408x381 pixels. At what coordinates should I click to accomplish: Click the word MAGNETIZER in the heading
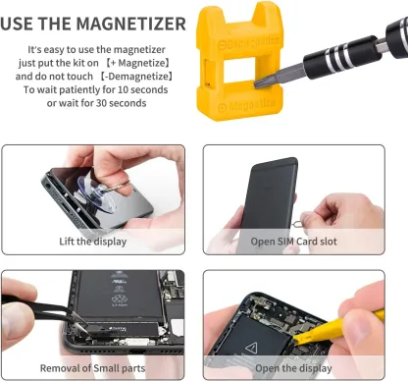pyautogui.click(x=130, y=24)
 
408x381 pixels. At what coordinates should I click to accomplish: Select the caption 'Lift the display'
pyautogui.click(x=93, y=242)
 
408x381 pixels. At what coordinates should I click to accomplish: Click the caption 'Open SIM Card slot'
pyautogui.click(x=293, y=242)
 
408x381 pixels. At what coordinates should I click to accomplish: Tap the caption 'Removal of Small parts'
pyautogui.click(x=92, y=368)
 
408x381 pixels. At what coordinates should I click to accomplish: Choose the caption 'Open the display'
pyautogui.click(x=293, y=368)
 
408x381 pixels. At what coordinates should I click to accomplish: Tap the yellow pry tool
pyautogui.click(x=340, y=327)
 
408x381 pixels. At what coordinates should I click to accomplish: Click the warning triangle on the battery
pyautogui.click(x=251, y=348)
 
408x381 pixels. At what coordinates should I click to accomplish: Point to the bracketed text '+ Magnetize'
pyautogui.click(x=139, y=63)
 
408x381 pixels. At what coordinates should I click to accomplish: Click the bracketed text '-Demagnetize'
pyautogui.click(x=136, y=77)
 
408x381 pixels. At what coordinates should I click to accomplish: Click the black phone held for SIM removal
pyautogui.click(x=268, y=196)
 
